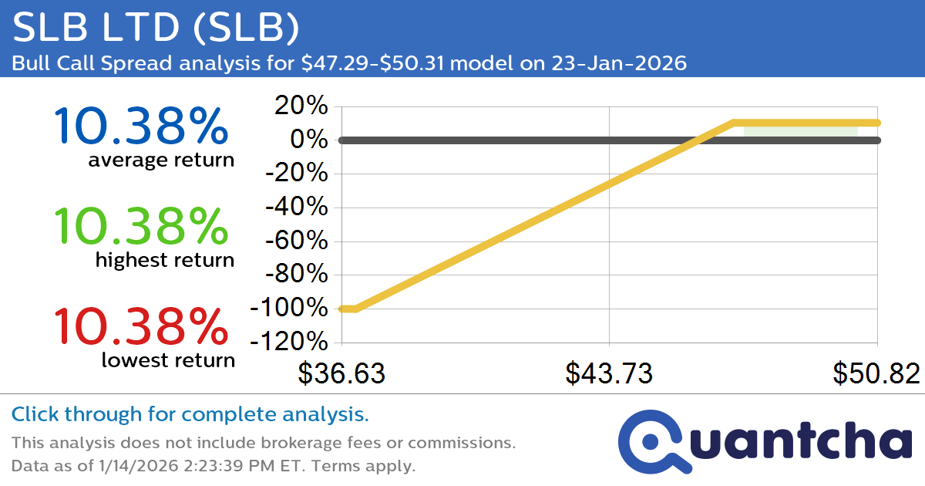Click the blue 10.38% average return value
pos(141,127)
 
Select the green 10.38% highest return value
pos(141,227)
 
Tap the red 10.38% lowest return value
pos(141,326)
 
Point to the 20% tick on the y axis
pos(297,106)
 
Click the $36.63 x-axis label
pos(341,373)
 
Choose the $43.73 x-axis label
pos(609,373)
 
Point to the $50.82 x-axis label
pos(876,373)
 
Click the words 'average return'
pos(161,160)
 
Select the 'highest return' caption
pos(164,261)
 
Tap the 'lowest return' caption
pos(167,360)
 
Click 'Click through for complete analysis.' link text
pos(190,415)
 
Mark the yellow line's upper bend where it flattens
pos(734,123)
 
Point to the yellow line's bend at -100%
pos(355,309)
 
